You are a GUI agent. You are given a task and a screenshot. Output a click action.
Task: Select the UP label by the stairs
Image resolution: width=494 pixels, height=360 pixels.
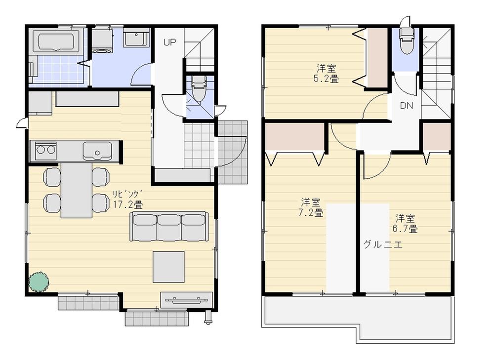pyautogui.click(x=170, y=42)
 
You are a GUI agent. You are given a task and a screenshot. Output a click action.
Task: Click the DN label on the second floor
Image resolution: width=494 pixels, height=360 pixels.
pyautogui.click(x=407, y=105)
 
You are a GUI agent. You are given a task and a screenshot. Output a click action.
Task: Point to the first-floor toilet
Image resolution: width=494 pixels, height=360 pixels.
pyautogui.click(x=198, y=89)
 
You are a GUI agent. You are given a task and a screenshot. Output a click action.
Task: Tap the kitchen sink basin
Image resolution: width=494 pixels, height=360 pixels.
pyautogui.click(x=97, y=150)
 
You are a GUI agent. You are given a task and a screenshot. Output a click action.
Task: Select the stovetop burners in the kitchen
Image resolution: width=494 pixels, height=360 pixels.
pyautogui.click(x=44, y=150)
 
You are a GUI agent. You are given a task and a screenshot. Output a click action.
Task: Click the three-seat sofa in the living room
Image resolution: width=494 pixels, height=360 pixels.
pyautogui.click(x=169, y=227)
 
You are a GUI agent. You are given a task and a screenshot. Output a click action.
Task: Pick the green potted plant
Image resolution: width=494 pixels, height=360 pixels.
pyautogui.click(x=39, y=281)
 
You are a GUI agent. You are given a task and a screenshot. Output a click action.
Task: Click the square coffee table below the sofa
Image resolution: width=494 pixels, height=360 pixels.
pyautogui.click(x=168, y=267)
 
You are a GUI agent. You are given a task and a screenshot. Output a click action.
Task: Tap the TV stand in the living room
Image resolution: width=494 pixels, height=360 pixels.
pyautogui.click(x=187, y=300)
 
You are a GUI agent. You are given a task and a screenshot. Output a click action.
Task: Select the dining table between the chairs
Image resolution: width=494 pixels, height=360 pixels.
pyautogui.click(x=76, y=190)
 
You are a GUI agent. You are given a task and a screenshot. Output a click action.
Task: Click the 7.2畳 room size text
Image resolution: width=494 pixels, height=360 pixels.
pyautogui.click(x=311, y=207)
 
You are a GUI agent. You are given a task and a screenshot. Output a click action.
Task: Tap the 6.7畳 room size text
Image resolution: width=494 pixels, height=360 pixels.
pyautogui.click(x=405, y=223)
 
